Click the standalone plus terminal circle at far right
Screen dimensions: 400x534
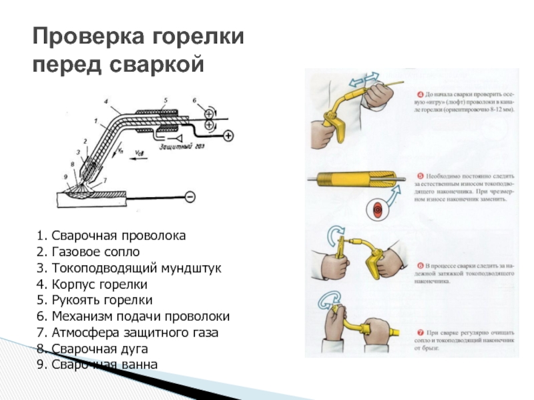(228, 136)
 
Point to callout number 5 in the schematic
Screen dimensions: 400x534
(165, 101)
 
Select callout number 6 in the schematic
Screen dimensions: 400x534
(194, 101)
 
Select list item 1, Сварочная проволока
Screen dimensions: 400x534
(111, 236)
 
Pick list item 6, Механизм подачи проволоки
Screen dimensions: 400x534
(133, 316)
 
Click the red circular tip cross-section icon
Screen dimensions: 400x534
(378, 209)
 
